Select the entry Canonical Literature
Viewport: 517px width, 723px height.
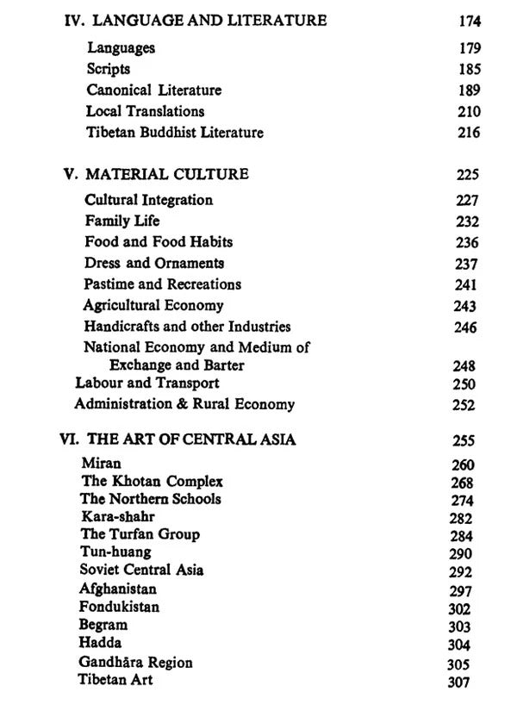pyautogui.click(x=153, y=90)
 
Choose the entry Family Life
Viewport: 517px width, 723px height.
pyautogui.click(x=121, y=221)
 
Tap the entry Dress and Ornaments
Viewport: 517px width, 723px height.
pyautogui.click(x=153, y=263)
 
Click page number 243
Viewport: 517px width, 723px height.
pyautogui.click(x=464, y=306)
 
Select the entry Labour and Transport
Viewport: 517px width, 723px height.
pyautogui.click(x=146, y=383)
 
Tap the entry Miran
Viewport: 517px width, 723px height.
pyautogui.click(x=101, y=464)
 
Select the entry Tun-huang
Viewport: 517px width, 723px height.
pyautogui.click(x=115, y=552)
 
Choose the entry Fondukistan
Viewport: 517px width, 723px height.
pyautogui.click(x=119, y=607)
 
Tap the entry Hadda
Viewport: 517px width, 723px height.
pyautogui.click(x=100, y=643)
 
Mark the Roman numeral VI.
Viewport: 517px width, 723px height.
pyautogui.click(x=71, y=439)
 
